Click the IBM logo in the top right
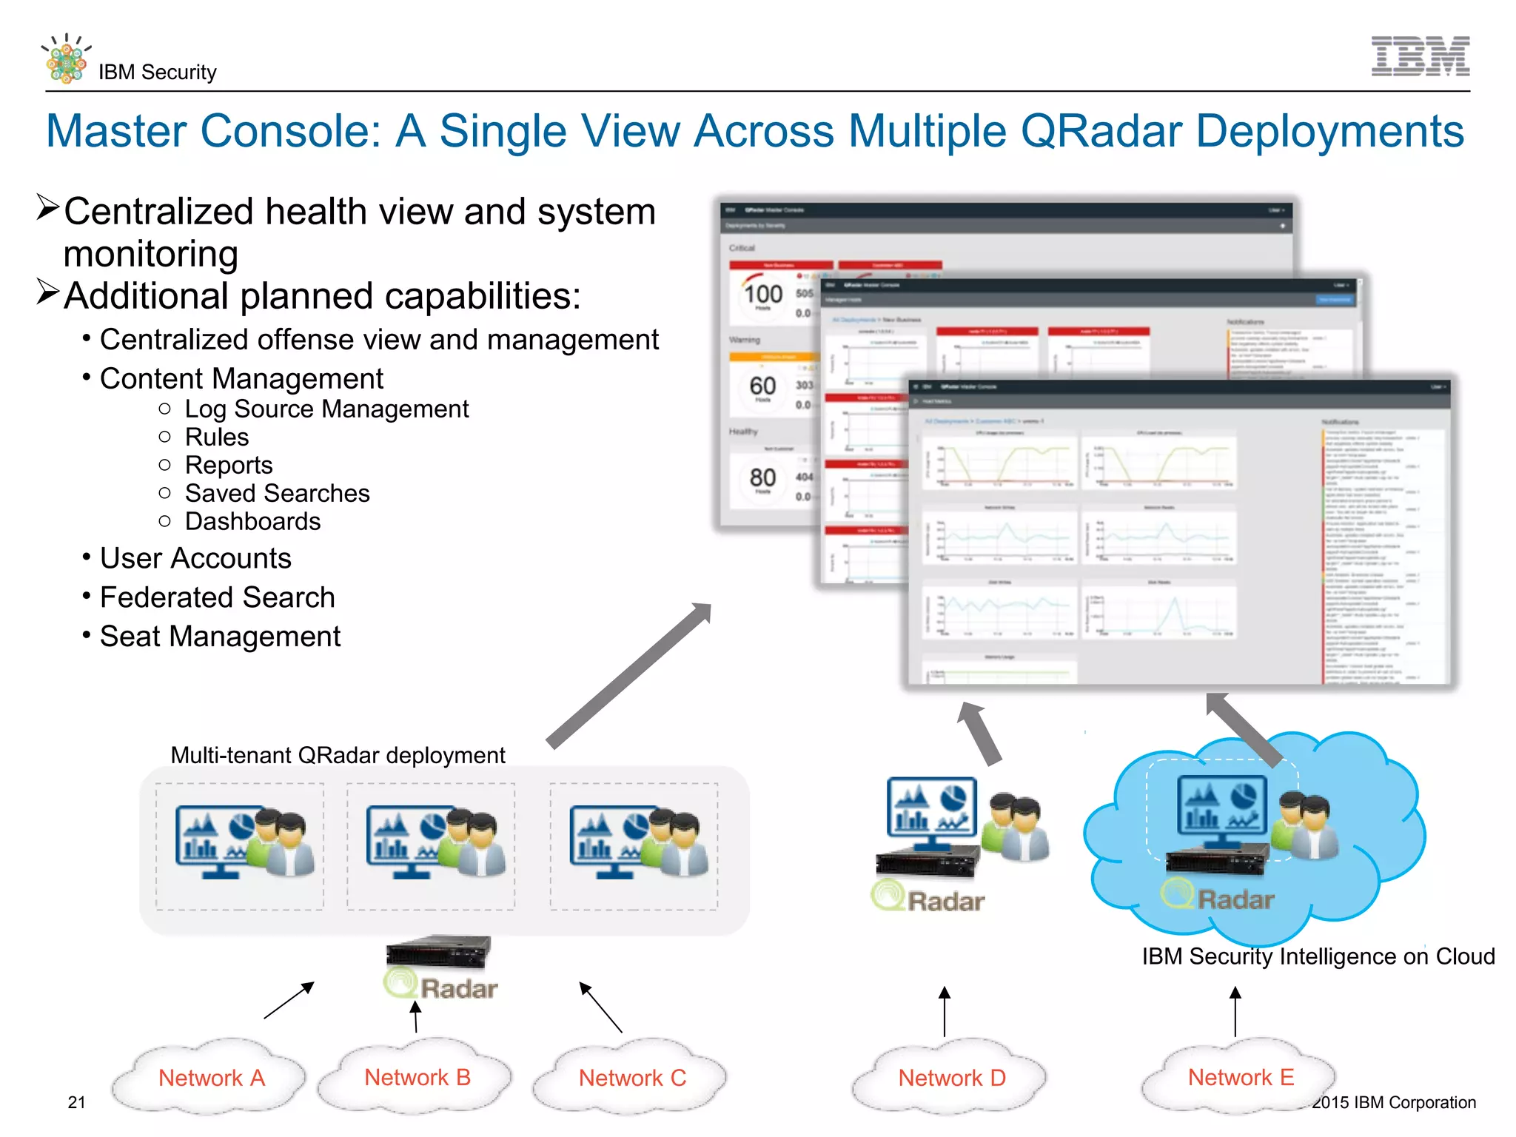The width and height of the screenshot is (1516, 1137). [1420, 56]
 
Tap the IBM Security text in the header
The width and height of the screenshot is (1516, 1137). [157, 73]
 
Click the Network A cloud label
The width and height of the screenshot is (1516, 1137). [211, 1078]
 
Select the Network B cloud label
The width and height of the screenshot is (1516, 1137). [417, 1077]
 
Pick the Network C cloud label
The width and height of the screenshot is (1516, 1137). [632, 1078]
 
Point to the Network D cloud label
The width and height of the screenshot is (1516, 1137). [952, 1078]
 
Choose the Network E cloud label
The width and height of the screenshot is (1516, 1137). [1241, 1077]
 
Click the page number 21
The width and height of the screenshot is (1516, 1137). [76, 1102]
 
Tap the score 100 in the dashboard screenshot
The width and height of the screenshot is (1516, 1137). [763, 295]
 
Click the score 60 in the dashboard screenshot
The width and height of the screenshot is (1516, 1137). [762, 386]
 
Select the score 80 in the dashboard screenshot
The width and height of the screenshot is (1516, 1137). [762, 477]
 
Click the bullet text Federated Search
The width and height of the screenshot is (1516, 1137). [217, 597]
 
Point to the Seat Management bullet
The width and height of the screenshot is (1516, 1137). [220, 637]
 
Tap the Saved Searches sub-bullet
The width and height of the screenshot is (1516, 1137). [277, 493]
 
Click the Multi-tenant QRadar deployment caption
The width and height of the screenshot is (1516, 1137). [338, 755]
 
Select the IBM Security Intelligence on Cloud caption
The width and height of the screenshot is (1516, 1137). [1318, 956]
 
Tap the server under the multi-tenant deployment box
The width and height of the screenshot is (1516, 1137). [438, 951]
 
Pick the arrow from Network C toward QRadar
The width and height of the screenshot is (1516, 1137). [600, 1007]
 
